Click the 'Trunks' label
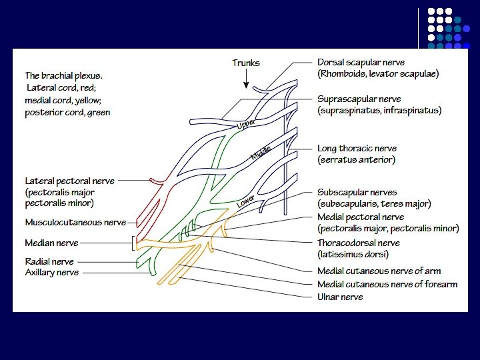[246, 63]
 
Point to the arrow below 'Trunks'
[246, 79]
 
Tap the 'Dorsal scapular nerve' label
[361, 63]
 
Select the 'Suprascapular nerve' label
[359, 99]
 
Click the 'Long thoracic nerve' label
[357, 149]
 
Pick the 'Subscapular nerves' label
[356, 193]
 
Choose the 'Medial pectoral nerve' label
[361, 217]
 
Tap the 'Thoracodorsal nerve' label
[358, 243]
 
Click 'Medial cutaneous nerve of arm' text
[379, 271]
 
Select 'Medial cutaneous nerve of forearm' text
[387, 285]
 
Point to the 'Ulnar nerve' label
[340, 297]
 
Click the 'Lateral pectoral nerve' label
[69, 181]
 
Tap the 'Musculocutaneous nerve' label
[75, 222]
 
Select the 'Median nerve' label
[51, 243]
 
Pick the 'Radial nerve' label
[49, 262]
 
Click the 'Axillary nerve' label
[52, 273]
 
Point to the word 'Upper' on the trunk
[245, 125]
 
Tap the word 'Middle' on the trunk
[261, 154]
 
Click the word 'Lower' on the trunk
[245, 200]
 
